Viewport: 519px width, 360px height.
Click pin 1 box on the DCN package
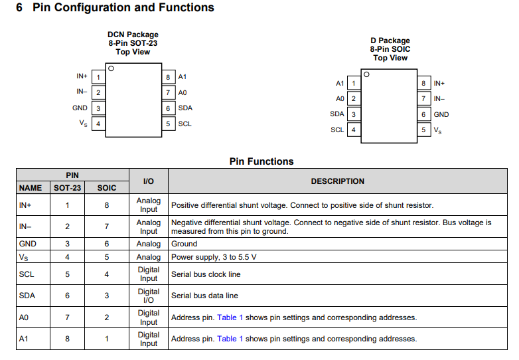[98, 77]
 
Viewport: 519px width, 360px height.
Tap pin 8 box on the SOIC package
[423, 83]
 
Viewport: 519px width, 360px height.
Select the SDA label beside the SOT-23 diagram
[185, 108]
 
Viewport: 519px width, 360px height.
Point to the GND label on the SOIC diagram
[441, 115]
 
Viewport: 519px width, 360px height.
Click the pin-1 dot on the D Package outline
[366, 74]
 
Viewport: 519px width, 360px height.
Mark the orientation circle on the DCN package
[111, 68]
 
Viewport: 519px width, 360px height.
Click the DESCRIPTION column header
[338, 181]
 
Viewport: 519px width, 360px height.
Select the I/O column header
[149, 181]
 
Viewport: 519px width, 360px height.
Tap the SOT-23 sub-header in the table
[68, 188]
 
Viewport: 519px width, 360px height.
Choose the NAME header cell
[31, 188]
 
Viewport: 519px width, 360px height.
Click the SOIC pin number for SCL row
[107, 274]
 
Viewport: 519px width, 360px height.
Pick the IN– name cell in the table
[25, 226]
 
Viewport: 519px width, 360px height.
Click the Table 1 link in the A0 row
[230, 317]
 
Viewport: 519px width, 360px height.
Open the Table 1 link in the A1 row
[230, 339]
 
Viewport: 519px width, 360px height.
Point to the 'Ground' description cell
[184, 244]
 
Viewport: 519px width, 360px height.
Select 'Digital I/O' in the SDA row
[149, 296]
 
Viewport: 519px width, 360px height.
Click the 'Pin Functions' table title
[261, 161]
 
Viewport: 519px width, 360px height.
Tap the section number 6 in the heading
[19, 7]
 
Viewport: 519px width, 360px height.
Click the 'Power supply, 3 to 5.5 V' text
[214, 257]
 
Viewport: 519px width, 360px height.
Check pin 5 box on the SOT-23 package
[168, 124]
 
